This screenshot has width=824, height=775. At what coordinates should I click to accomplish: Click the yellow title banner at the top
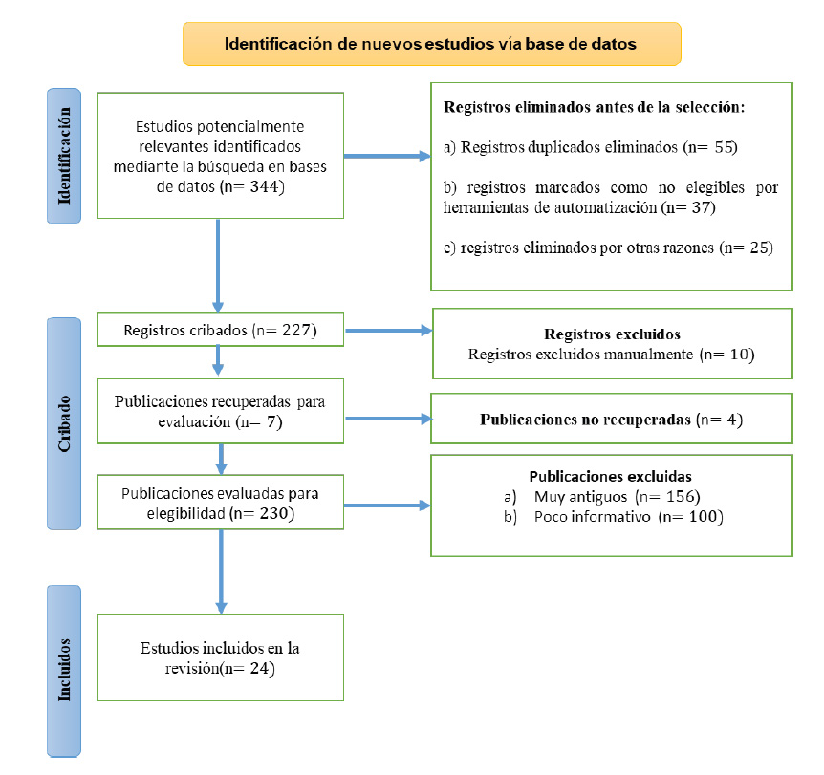point(431,44)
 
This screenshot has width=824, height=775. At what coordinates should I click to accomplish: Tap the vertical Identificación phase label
point(64,156)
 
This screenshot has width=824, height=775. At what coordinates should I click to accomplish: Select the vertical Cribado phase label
point(64,423)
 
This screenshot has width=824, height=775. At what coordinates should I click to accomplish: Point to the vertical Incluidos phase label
point(64,671)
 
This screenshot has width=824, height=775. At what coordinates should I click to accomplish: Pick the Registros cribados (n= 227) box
point(220,330)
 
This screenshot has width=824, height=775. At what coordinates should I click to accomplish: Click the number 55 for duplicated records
point(723,147)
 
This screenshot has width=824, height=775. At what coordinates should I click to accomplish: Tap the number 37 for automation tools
point(701,207)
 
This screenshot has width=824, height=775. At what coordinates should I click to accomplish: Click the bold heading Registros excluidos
point(612,334)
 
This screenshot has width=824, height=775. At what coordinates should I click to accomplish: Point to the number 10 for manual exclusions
point(739,355)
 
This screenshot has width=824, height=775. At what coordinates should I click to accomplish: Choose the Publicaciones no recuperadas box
point(612,419)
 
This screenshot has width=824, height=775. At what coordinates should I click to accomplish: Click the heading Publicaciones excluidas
point(610,477)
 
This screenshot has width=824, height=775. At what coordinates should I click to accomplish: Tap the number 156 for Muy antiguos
point(681,497)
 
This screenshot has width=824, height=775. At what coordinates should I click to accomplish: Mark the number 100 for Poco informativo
point(704,516)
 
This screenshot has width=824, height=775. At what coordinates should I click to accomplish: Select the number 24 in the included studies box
point(260,668)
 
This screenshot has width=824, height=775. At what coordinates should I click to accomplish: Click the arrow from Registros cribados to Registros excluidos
point(389,331)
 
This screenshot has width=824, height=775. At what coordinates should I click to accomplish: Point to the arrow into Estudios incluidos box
point(221,571)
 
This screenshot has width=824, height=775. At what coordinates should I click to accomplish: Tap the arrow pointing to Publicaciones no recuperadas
point(389,419)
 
